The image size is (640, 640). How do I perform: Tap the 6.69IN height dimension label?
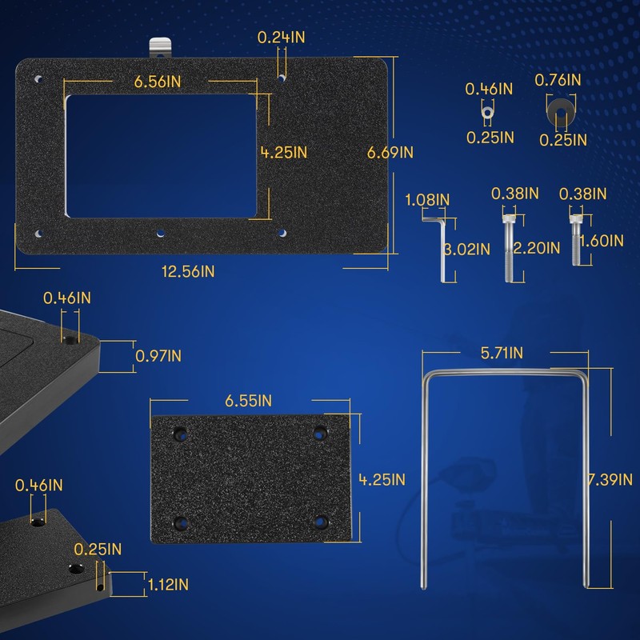[390, 152]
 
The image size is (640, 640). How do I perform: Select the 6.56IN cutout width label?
[158, 82]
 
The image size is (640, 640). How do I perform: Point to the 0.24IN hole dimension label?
[281, 37]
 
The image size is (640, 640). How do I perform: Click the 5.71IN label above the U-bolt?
[503, 352]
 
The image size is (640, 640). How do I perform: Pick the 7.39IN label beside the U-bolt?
[613, 479]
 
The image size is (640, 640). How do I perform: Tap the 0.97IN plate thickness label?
[158, 355]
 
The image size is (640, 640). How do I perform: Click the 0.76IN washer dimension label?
[558, 79]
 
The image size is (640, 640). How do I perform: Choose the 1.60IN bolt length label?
[602, 240]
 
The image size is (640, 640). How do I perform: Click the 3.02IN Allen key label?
[467, 248]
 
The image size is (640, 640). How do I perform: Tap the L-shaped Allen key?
[442, 248]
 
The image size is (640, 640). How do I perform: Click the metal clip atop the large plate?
[161, 48]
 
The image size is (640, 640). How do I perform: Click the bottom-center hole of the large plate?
[161, 234]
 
